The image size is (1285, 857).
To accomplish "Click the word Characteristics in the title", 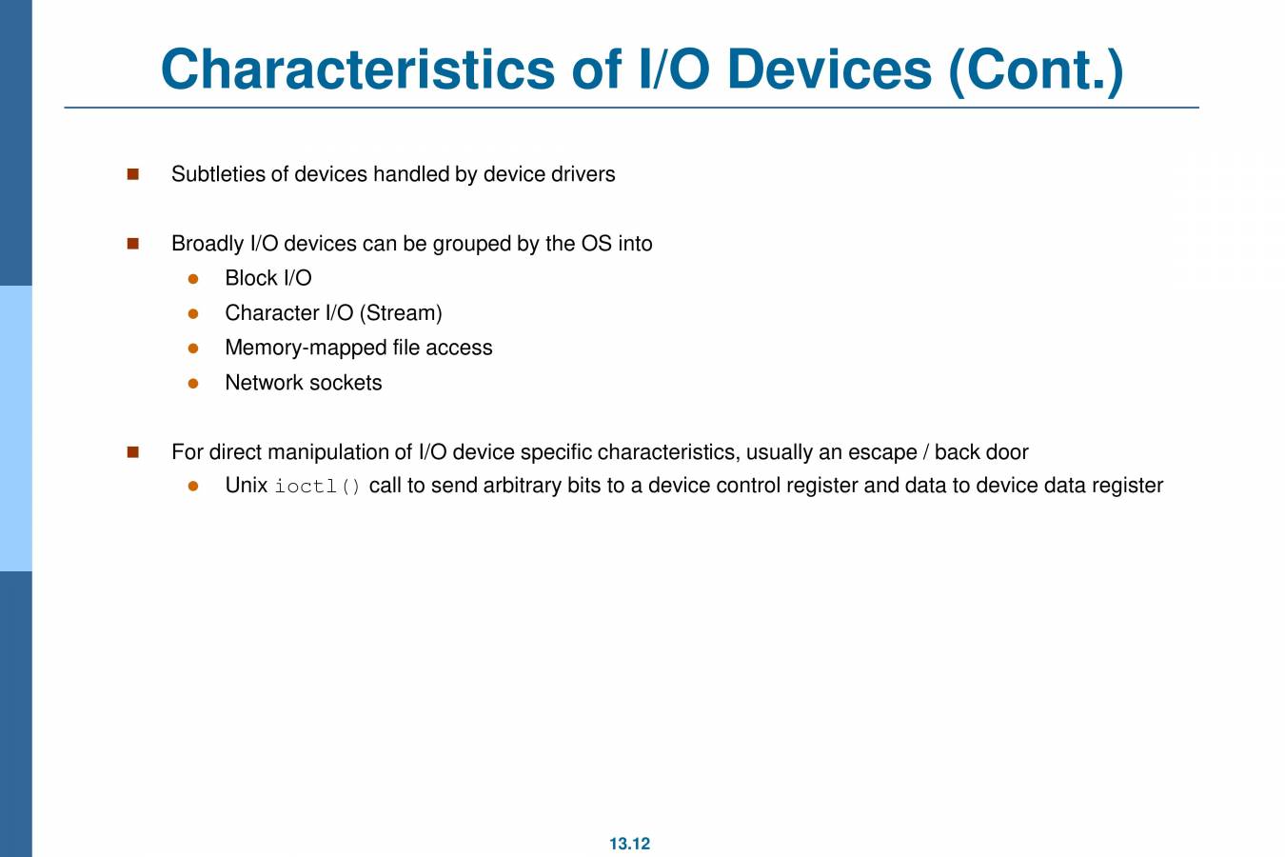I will pyautogui.click(x=357, y=70).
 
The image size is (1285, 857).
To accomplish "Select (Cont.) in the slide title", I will pyautogui.click(x=1036, y=70).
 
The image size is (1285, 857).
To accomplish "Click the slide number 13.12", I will pyautogui.click(x=629, y=844).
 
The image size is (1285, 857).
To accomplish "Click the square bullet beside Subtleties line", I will pyautogui.click(x=133, y=174).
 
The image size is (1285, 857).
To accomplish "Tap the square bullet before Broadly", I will pyautogui.click(x=133, y=244).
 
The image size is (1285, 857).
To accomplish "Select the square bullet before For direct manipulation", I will pyautogui.click(x=133, y=452).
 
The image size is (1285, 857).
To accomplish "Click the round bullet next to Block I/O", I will pyautogui.click(x=193, y=279).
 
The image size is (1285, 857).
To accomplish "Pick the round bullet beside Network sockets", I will pyautogui.click(x=193, y=383).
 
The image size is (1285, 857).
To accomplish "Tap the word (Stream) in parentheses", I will pyautogui.click(x=401, y=313).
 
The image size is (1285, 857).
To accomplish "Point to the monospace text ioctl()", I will pyautogui.click(x=318, y=487).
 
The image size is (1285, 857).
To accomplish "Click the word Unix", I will pyautogui.click(x=246, y=486).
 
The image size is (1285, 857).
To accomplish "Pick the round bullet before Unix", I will pyautogui.click(x=193, y=486).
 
